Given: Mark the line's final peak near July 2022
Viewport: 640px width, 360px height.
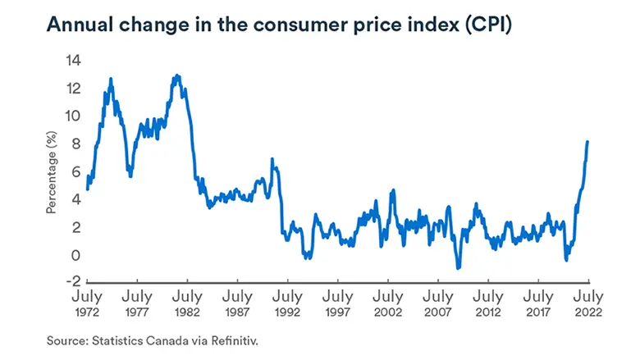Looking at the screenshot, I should tap(587, 142).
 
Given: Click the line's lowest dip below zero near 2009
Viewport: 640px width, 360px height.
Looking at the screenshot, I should tap(458, 267).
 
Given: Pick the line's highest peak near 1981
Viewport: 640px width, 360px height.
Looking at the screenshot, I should tap(176, 75).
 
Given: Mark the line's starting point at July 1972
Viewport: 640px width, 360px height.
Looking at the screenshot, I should tap(87, 189).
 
